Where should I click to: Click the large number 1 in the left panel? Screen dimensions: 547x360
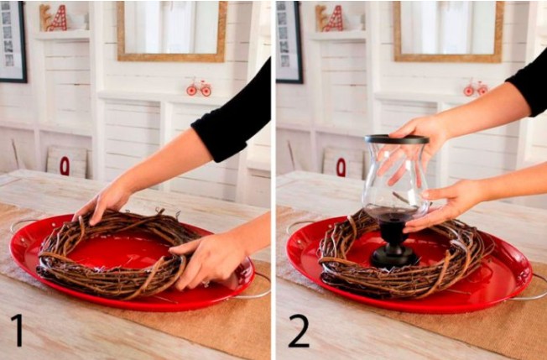(18, 330)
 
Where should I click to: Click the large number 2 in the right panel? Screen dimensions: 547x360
(299, 331)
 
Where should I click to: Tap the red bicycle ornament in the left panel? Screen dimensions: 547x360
(199, 87)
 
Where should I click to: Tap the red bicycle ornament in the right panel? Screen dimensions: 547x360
(476, 87)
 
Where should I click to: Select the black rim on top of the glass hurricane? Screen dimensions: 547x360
(397, 139)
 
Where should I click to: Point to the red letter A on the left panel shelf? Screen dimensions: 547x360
(58, 18)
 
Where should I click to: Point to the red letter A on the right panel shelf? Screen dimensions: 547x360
(334, 18)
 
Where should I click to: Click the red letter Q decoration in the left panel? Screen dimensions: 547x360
(65, 166)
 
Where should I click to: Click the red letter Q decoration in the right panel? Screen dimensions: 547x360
(341, 167)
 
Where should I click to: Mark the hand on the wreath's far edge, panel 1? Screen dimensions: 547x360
(103, 204)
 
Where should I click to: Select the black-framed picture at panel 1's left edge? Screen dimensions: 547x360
(13, 41)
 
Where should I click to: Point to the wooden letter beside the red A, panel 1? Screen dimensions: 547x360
(44, 18)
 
